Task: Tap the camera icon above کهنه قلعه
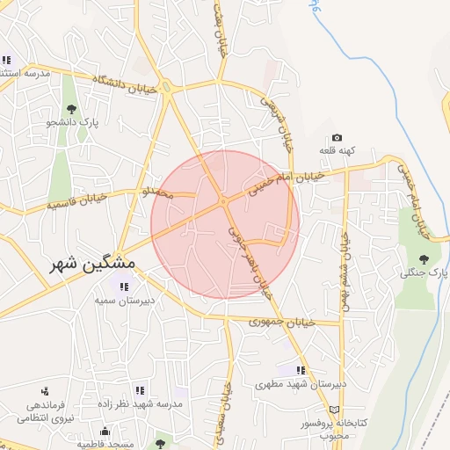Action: pyautogui.click(x=337, y=138)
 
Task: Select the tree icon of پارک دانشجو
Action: pyautogui.click(x=71, y=110)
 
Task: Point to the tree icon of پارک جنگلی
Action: pyautogui.click(x=425, y=259)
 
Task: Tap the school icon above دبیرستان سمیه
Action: pyautogui.click(x=122, y=287)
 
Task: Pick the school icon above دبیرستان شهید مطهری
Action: pyautogui.click(x=301, y=371)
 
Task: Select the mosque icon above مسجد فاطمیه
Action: pyautogui.click(x=105, y=432)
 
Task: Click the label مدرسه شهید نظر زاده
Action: pyautogui.click(x=140, y=403)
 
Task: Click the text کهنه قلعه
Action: pyautogui.click(x=337, y=152)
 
